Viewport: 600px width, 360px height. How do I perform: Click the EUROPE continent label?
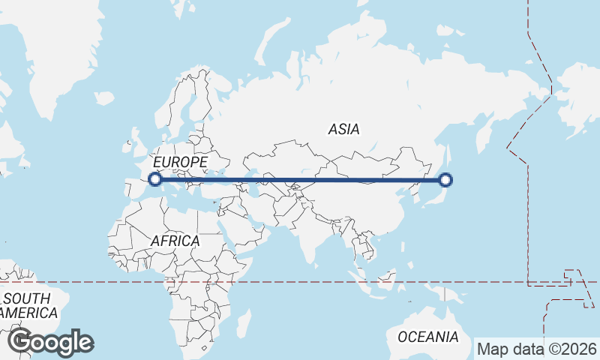click(x=179, y=162)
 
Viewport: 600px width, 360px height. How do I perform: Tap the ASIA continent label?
click(x=343, y=129)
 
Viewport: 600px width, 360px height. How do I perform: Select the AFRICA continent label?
click(x=175, y=241)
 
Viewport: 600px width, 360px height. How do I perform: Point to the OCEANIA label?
click(x=427, y=337)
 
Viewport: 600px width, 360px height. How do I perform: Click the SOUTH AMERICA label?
click(x=28, y=305)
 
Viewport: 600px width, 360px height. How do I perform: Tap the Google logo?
click(x=50, y=342)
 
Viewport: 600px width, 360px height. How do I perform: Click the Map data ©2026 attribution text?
click(x=537, y=349)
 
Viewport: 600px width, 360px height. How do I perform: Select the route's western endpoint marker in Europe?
click(x=155, y=179)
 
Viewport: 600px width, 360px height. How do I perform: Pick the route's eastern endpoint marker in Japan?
click(x=445, y=180)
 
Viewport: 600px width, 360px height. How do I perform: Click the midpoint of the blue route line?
click(x=300, y=180)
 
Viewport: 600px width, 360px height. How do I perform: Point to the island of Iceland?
click(x=104, y=97)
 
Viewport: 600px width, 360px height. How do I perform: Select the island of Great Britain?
click(x=139, y=139)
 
